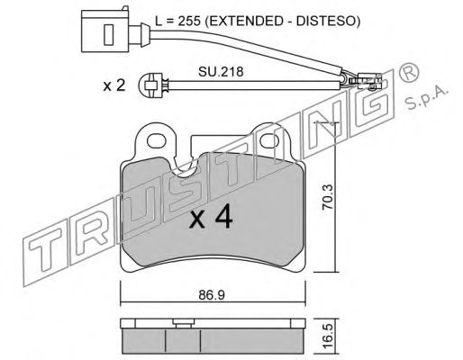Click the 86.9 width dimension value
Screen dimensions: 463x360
(x=212, y=295)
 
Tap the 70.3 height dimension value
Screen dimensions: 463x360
(x=328, y=197)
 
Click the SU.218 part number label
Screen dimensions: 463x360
(x=221, y=72)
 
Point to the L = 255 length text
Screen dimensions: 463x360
(x=177, y=21)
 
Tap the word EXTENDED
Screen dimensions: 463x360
(x=245, y=21)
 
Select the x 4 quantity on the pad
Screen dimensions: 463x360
(x=211, y=217)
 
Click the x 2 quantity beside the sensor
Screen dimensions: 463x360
(x=114, y=86)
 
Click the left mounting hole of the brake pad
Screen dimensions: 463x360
(x=157, y=140)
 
